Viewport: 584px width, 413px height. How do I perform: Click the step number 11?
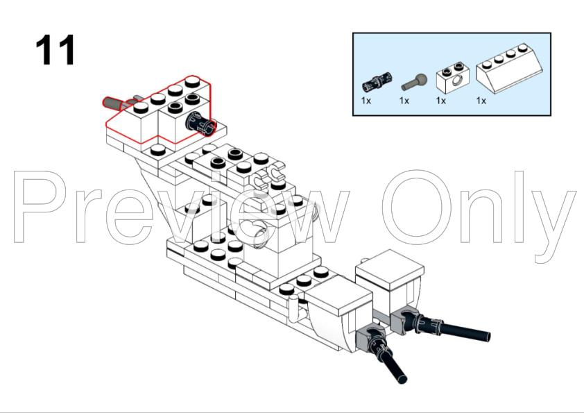point(55,50)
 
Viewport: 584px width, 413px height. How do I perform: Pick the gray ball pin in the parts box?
point(414,82)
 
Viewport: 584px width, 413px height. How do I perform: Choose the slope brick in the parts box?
point(509,68)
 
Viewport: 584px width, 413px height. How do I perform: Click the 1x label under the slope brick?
point(481,101)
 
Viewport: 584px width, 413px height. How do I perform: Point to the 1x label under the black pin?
point(366,101)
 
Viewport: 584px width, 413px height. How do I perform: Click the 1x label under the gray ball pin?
point(404,101)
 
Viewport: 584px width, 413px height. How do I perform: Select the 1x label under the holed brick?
point(441,101)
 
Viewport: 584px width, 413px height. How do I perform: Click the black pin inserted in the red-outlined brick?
point(200,122)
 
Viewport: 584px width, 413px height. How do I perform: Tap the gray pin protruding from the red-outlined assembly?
point(115,103)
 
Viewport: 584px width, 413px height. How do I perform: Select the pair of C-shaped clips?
point(268,174)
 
